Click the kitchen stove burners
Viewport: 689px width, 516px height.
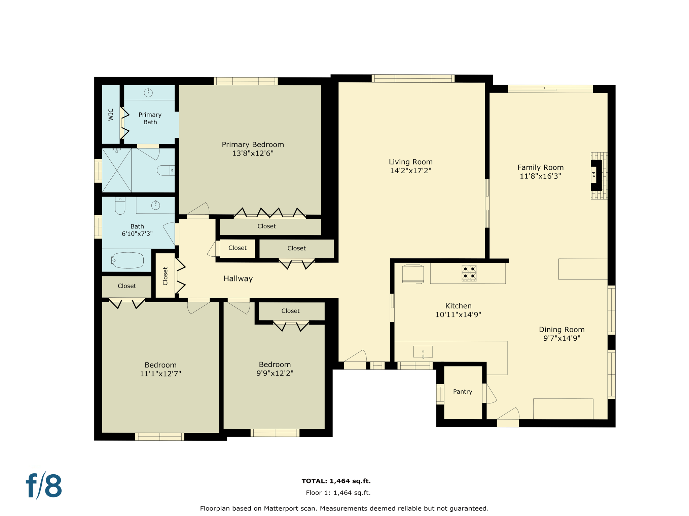pyautogui.click(x=469, y=273)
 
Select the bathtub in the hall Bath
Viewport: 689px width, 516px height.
pyautogui.click(x=128, y=260)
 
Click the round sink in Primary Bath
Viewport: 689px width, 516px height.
pyautogui.click(x=148, y=92)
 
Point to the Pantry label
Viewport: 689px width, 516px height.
pyautogui.click(x=463, y=392)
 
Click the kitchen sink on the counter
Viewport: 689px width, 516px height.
pyautogui.click(x=423, y=352)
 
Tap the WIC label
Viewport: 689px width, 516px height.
pyautogui.click(x=111, y=115)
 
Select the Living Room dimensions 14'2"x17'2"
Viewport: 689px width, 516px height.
pyautogui.click(x=410, y=171)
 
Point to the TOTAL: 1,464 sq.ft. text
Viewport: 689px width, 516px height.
pyautogui.click(x=336, y=481)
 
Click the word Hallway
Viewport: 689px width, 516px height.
pyautogui.click(x=238, y=278)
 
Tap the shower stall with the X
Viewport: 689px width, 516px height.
pyautogui.click(x=117, y=170)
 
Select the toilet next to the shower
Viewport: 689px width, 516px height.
pyautogui.click(x=166, y=170)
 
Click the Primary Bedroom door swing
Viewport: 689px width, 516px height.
pyautogui.click(x=198, y=209)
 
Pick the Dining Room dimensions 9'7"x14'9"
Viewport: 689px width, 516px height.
pyautogui.click(x=562, y=338)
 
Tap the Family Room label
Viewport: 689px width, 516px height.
pyautogui.click(x=540, y=167)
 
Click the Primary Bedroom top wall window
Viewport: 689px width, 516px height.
pyautogui.click(x=246, y=81)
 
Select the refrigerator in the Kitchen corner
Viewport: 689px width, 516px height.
pyautogui.click(x=413, y=274)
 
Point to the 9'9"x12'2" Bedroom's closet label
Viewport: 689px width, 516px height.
pyautogui.click(x=290, y=311)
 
